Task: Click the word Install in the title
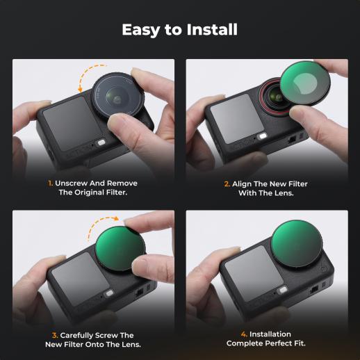pyautogui.click(x=212, y=29)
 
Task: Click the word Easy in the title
pyautogui.click(x=141, y=30)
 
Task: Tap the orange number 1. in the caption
pyautogui.click(x=50, y=183)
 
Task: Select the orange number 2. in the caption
pyautogui.click(x=227, y=184)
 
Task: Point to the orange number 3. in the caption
pyautogui.click(x=55, y=335)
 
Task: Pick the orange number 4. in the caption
pyautogui.click(x=244, y=334)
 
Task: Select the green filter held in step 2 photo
pyautogui.click(x=305, y=84)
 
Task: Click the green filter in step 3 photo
pyautogui.click(x=120, y=249)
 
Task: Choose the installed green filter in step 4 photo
pyautogui.click(x=297, y=244)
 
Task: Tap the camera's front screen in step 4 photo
pyautogui.click(x=254, y=274)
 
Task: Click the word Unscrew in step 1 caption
pyautogui.click(x=72, y=183)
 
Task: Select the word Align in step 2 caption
pyautogui.click(x=242, y=184)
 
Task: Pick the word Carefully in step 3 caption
pyautogui.click(x=77, y=336)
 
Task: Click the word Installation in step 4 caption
pyautogui.click(x=270, y=334)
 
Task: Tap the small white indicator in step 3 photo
pyautogui.click(x=108, y=293)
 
